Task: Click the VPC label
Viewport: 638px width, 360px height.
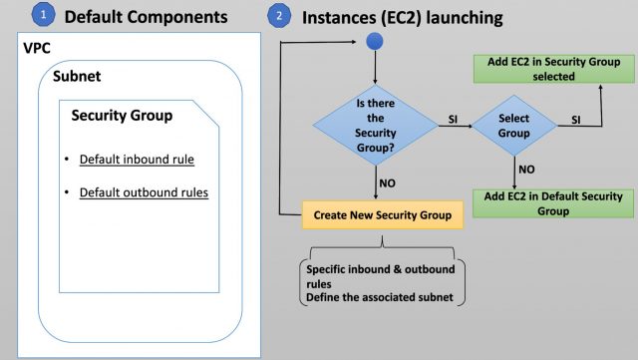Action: (x=38, y=48)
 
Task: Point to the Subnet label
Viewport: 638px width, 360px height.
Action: (x=76, y=76)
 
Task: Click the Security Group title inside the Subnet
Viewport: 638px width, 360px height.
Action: (x=122, y=116)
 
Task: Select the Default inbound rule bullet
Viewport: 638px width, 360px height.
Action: (x=137, y=160)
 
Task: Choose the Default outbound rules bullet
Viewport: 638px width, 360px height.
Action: (x=144, y=191)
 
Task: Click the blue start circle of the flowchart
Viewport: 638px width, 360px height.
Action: (x=375, y=42)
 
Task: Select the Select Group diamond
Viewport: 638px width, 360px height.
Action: (x=513, y=124)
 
